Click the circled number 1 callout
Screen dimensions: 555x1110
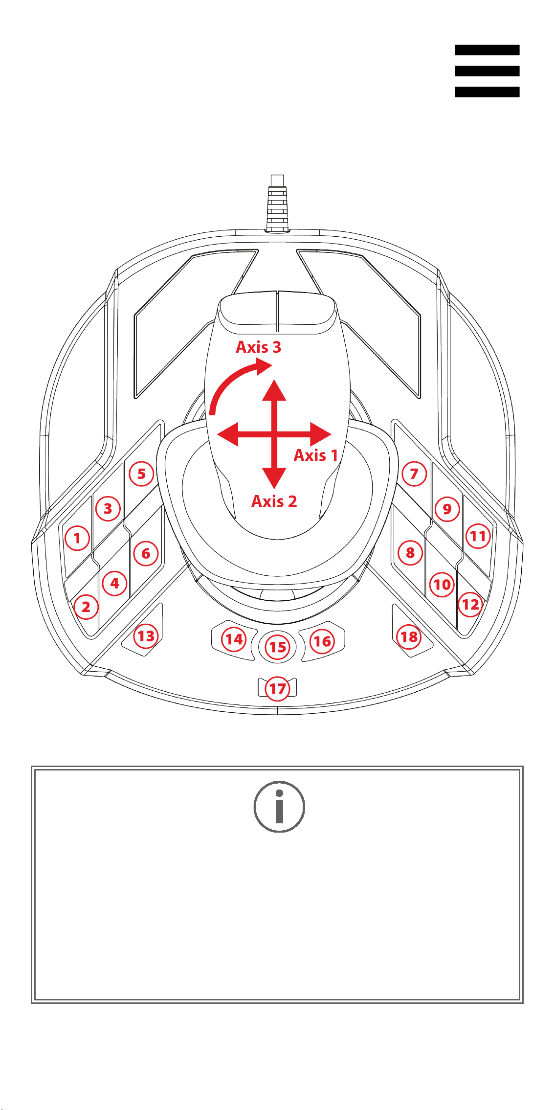[x=77, y=538]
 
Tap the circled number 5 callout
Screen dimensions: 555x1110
[x=141, y=474]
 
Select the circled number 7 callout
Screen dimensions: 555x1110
[x=414, y=474]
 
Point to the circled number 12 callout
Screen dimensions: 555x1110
[x=470, y=605]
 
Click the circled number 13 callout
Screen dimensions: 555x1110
[x=146, y=636]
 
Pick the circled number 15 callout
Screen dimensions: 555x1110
[x=278, y=647]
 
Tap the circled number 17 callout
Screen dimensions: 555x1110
[x=277, y=689]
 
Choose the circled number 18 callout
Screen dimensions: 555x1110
[x=409, y=636]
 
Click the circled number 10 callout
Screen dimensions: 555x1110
[x=442, y=584]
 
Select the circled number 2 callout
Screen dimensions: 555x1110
[x=86, y=607]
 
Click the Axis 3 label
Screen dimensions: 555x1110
[x=258, y=347]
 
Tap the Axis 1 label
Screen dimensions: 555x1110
[x=316, y=455]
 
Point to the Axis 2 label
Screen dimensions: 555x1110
[x=274, y=501]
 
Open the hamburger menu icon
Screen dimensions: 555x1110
[x=487, y=71]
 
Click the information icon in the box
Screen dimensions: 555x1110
[x=279, y=807]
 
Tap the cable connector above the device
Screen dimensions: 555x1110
[x=277, y=203]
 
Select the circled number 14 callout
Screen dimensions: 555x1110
[x=234, y=639]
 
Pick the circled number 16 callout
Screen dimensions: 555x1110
[x=322, y=641]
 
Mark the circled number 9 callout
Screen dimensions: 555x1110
[x=447, y=509]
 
